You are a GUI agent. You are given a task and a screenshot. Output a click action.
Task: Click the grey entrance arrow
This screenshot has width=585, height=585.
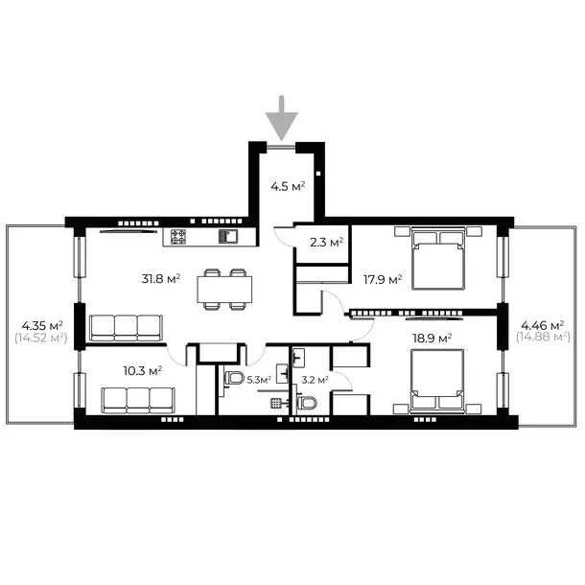point(282,118)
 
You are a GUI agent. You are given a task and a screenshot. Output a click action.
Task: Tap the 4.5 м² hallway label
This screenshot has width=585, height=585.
point(288,186)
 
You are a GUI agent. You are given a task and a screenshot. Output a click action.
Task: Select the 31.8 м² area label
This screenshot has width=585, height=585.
point(161,278)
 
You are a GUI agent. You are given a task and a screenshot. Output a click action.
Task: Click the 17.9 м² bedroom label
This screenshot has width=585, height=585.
point(383,279)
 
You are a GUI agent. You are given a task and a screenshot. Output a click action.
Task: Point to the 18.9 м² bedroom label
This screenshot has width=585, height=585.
point(432,339)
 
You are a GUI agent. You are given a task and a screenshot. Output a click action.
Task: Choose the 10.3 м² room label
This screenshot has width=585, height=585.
point(143,371)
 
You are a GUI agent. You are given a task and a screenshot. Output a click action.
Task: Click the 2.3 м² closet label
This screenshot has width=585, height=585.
point(326,243)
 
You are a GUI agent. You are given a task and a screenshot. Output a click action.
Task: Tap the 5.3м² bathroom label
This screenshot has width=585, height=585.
point(259,380)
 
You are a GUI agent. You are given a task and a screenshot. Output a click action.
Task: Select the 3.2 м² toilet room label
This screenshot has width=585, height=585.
point(315,380)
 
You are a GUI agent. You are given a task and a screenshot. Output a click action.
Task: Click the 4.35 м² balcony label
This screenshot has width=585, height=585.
point(42,326)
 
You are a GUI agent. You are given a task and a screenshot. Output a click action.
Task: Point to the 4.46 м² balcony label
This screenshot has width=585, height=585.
point(542,325)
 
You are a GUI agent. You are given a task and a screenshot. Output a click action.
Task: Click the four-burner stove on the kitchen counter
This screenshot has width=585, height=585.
point(178,237)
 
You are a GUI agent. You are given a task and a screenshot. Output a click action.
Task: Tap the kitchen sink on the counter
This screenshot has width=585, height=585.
point(227,237)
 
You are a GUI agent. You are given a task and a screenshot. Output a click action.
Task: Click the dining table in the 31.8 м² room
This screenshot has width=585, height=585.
point(224,289)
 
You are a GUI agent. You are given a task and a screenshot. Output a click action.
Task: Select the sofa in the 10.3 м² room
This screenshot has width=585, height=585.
point(138,400)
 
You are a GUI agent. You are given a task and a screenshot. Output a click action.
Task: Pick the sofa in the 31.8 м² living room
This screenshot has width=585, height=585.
point(127,328)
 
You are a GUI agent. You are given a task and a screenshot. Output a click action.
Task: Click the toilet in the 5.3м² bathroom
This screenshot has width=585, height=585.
point(234,378)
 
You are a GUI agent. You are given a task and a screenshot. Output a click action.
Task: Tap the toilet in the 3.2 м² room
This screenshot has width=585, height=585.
point(307,403)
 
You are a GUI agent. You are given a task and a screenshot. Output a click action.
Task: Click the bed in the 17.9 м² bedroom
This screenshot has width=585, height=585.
point(438,258)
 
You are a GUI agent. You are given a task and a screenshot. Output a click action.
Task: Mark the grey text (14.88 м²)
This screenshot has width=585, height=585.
point(543,338)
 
